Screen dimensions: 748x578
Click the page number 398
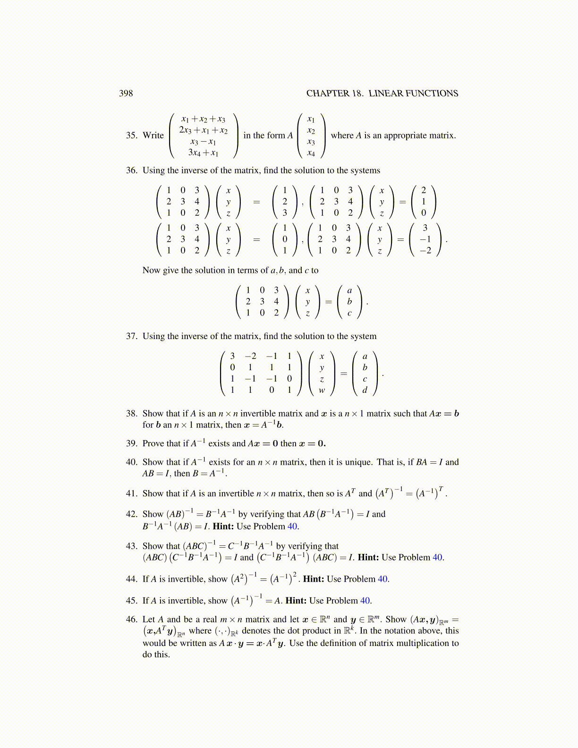tap(126, 93)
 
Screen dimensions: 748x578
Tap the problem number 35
tap(131, 136)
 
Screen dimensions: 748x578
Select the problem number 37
tap(131, 336)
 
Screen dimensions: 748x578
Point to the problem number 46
tap(131, 619)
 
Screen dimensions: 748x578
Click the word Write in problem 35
tap(153, 136)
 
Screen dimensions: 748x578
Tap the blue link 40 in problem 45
tap(365, 601)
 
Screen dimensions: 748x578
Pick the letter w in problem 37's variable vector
tap(322, 391)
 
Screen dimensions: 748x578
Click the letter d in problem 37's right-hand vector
tap(365, 391)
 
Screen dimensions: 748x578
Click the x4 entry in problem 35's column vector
tap(311, 153)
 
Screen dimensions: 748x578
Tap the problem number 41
tap(131, 493)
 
